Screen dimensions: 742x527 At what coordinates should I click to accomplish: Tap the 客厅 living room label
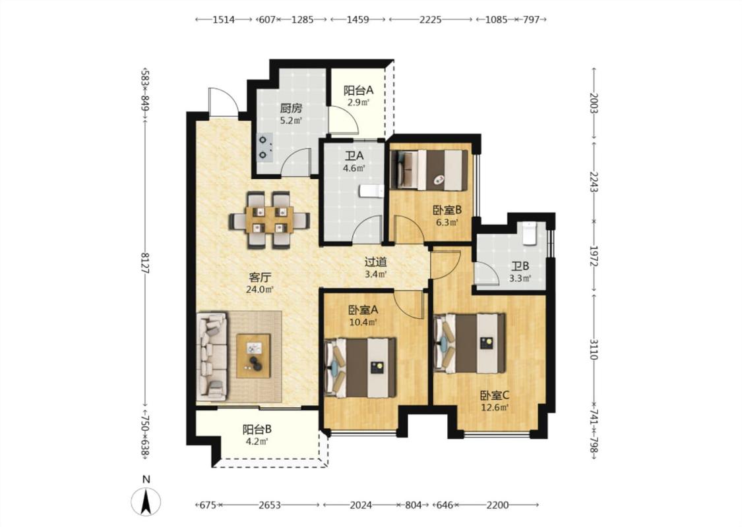coord(261,277)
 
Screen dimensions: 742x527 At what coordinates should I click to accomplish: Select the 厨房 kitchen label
coord(291,108)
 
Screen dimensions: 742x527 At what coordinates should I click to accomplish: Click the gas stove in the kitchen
coord(264,148)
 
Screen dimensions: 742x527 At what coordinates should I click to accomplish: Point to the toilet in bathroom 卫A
coord(371,191)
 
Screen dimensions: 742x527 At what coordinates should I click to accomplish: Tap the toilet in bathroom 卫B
coord(530,233)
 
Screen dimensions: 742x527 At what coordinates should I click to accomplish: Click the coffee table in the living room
coord(254,356)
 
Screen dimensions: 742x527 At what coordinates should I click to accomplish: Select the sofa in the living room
coord(212,356)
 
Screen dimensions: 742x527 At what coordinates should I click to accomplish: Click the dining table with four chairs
coord(269,220)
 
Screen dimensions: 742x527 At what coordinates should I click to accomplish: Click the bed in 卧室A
coord(360,367)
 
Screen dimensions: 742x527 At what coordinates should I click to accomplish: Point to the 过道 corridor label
coord(376,262)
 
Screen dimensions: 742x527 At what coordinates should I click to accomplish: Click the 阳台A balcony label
coord(358,90)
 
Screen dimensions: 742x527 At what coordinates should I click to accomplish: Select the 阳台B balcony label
coord(257,430)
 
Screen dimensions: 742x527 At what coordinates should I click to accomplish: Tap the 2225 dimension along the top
coord(431,19)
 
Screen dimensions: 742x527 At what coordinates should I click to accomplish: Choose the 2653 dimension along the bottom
coord(270,505)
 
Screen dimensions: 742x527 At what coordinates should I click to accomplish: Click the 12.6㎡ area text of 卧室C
coord(495,407)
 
